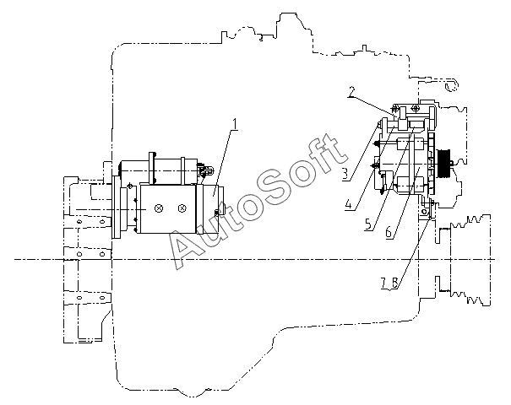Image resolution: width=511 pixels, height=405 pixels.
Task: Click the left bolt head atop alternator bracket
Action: tap(394, 108)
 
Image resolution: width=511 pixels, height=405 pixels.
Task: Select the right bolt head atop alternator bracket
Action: tap(413, 107)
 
